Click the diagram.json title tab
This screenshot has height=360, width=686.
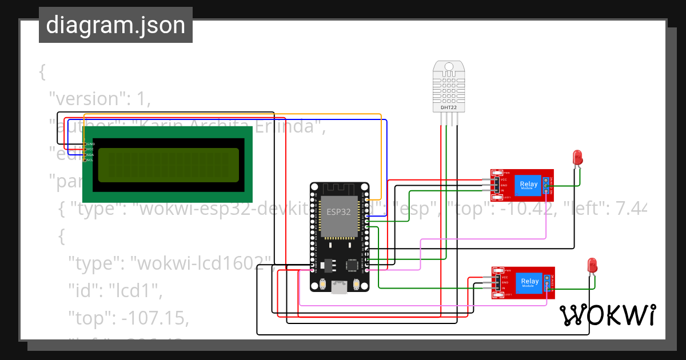(115, 25)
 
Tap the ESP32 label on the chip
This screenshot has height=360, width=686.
(338, 211)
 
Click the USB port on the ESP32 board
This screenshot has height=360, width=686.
(340, 289)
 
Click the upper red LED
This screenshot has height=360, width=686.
(578, 157)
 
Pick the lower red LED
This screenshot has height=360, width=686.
(592, 265)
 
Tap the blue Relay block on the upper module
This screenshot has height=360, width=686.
(529, 184)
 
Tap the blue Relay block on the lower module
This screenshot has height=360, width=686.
(529, 282)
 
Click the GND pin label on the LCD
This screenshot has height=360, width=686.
(90, 144)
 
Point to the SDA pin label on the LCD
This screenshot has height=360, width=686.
(90, 155)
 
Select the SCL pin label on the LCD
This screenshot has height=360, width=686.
(90, 160)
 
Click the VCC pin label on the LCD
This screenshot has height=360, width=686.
(90, 149)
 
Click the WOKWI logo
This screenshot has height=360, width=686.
(607, 315)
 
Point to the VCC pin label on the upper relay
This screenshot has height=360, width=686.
(504, 179)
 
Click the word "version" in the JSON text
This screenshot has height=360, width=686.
(85, 99)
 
